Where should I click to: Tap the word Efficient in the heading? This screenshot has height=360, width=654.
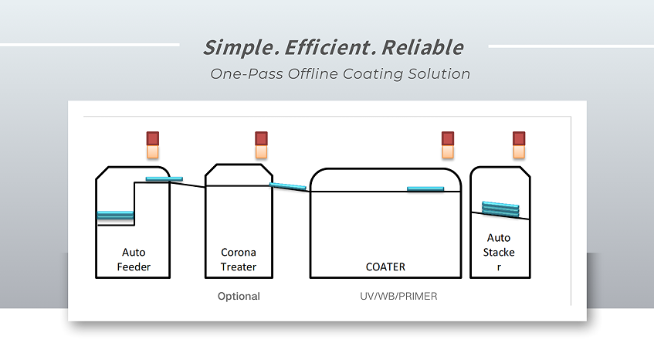[327, 47]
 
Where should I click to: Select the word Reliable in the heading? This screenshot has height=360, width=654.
[422, 47]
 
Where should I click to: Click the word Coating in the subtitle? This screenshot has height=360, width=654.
[373, 74]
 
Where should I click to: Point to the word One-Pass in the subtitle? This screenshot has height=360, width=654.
[247, 74]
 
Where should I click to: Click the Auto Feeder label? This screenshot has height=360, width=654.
[134, 260]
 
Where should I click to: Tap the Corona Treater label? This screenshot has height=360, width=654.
[239, 260]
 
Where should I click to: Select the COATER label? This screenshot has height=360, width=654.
[385, 267]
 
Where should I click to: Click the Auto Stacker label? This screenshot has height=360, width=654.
[499, 252]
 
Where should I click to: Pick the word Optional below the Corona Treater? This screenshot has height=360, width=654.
[239, 296]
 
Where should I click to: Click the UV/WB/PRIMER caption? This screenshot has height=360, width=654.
[398, 296]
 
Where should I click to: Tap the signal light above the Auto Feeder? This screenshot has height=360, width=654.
[153, 144]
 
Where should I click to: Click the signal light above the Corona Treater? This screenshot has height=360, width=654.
[261, 144]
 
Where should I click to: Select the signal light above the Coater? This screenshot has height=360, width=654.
[448, 144]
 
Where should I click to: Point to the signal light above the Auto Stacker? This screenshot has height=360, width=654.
[519, 144]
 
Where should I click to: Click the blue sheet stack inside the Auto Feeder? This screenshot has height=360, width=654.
[115, 215]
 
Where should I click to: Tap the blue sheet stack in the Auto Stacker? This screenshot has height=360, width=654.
[500, 209]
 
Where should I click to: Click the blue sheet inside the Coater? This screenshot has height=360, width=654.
[425, 189]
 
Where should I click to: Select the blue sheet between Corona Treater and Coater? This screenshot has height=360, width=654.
[288, 186]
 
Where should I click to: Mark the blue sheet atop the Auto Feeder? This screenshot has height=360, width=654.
[164, 179]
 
